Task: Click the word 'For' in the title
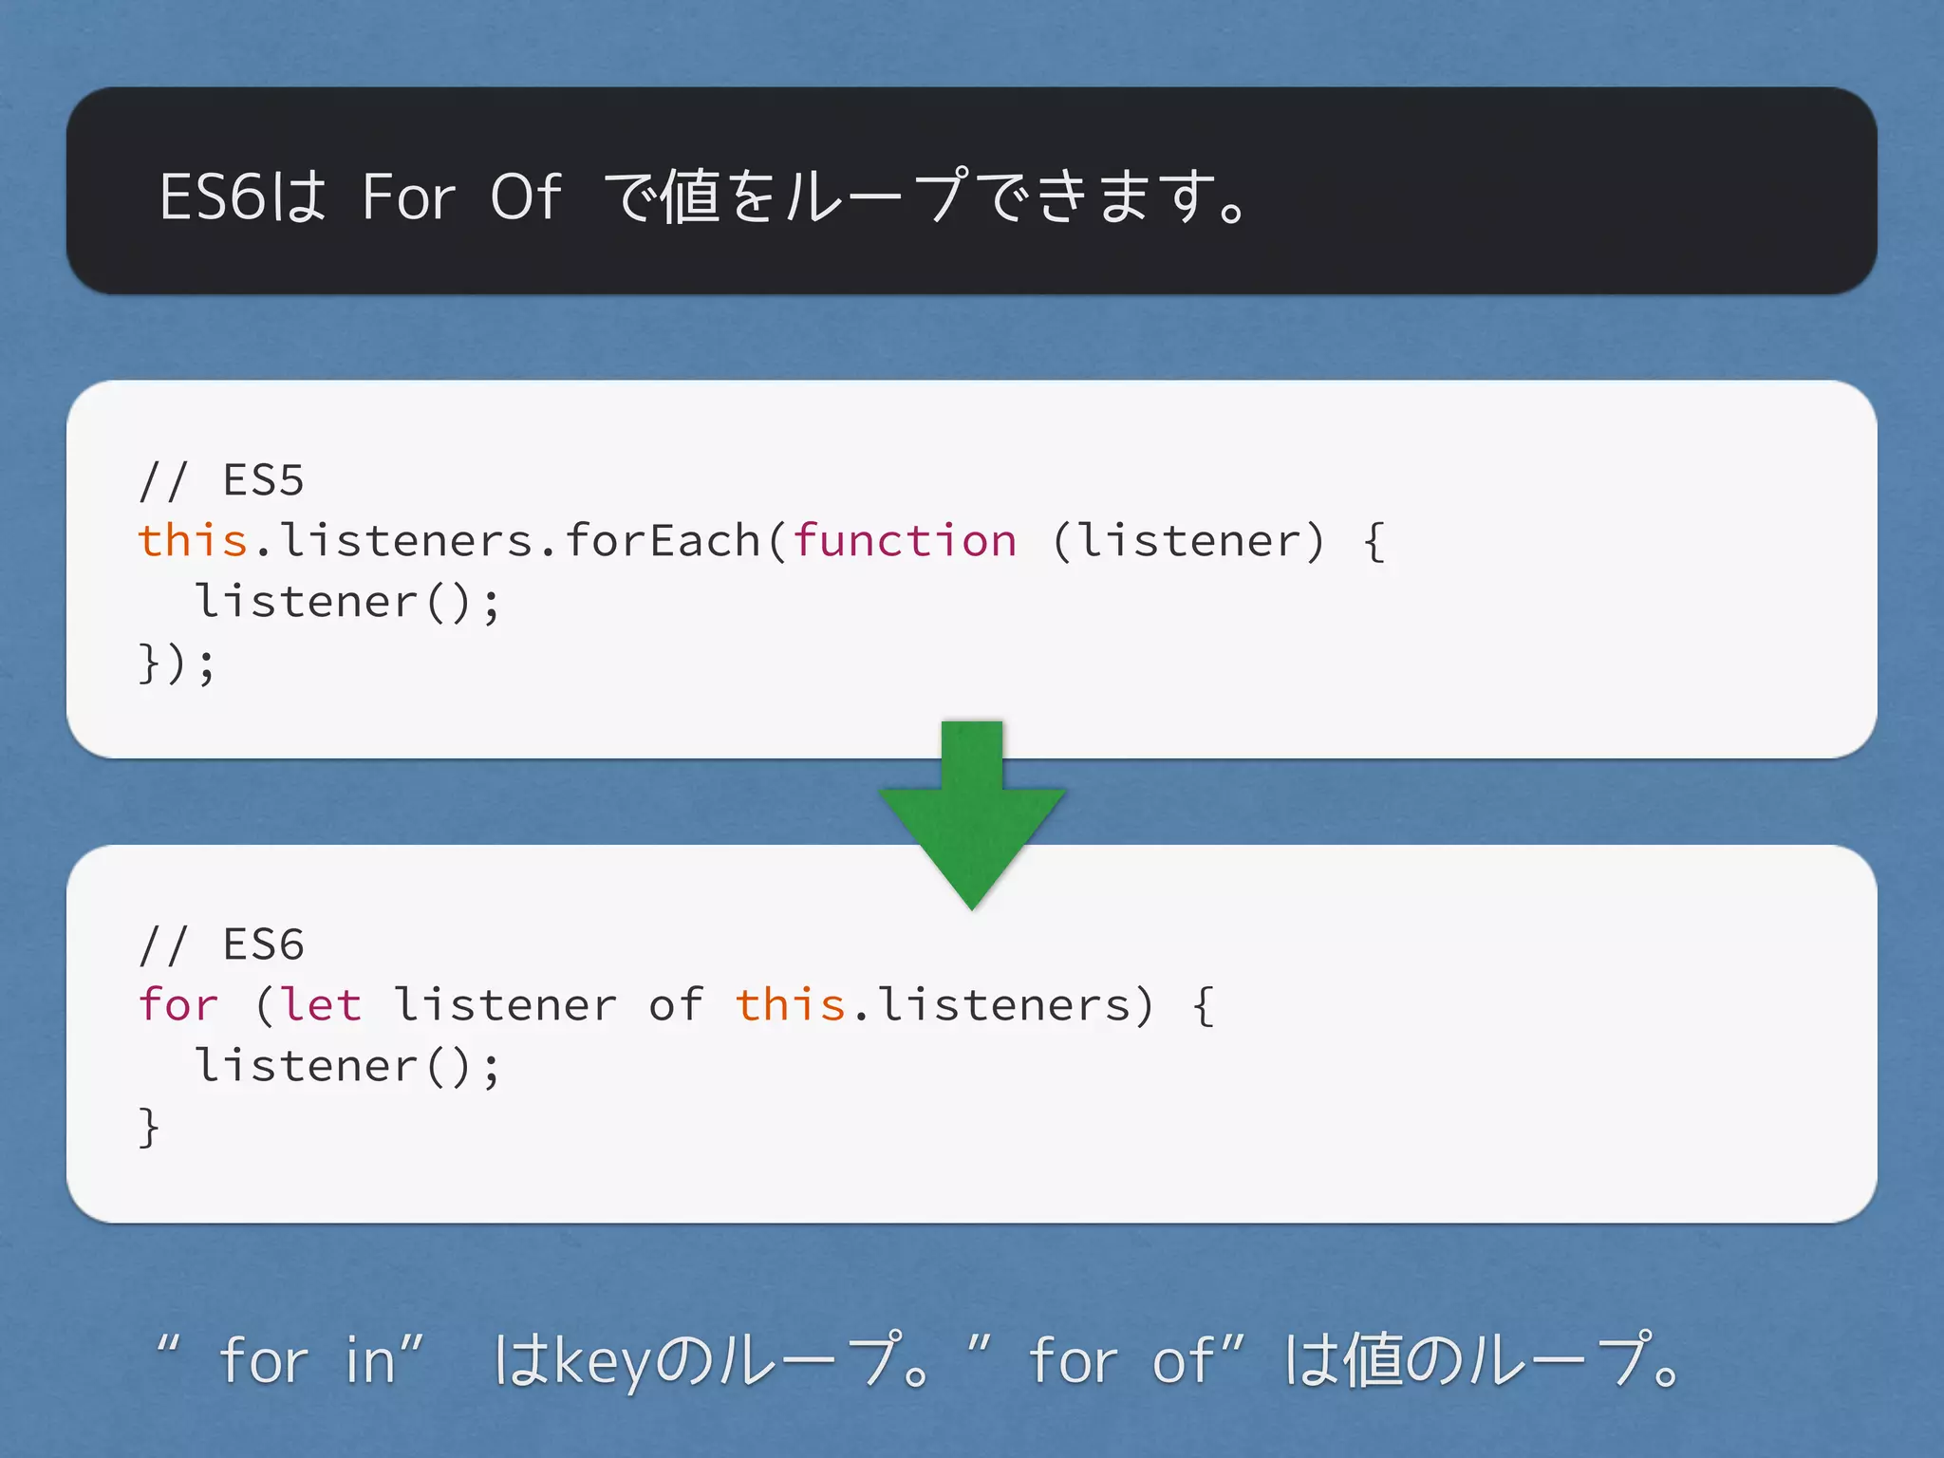[409, 197]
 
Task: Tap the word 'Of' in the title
[526, 197]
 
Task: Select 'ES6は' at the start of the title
[242, 197]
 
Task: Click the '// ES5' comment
[221, 480]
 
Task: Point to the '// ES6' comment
[221, 944]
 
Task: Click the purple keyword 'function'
[905, 541]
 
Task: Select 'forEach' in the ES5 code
[663, 541]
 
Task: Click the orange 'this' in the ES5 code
[193, 541]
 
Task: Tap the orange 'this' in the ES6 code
[791, 1005]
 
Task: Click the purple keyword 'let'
[321, 1005]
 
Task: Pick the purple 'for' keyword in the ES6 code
[178, 1005]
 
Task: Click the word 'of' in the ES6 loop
[677, 1005]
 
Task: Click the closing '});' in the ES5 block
[178, 663]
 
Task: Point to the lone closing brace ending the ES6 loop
[149, 1128]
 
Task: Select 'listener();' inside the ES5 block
[347, 602]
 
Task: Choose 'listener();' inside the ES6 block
[347, 1066]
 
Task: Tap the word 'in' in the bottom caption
[370, 1360]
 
